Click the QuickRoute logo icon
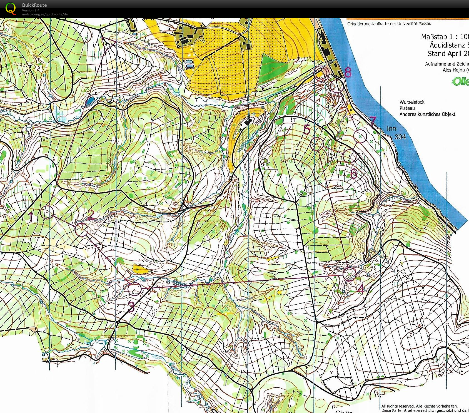(x=11, y=8)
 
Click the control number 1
(x=31, y=217)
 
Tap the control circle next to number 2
(x=81, y=230)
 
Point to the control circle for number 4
(x=349, y=274)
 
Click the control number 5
(x=307, y=130)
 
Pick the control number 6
(x=354, y=174)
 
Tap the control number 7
(x=373, y=121)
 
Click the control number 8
(x=348, y=72)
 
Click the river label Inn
(x=391, y=128)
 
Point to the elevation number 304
(x=400, y=137)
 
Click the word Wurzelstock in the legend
(x=412, y=102)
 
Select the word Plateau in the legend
(x=407, y=108)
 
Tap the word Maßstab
(x=434, y=37)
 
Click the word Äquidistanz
(x=447, y=45)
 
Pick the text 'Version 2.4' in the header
(x=31, y=10)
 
